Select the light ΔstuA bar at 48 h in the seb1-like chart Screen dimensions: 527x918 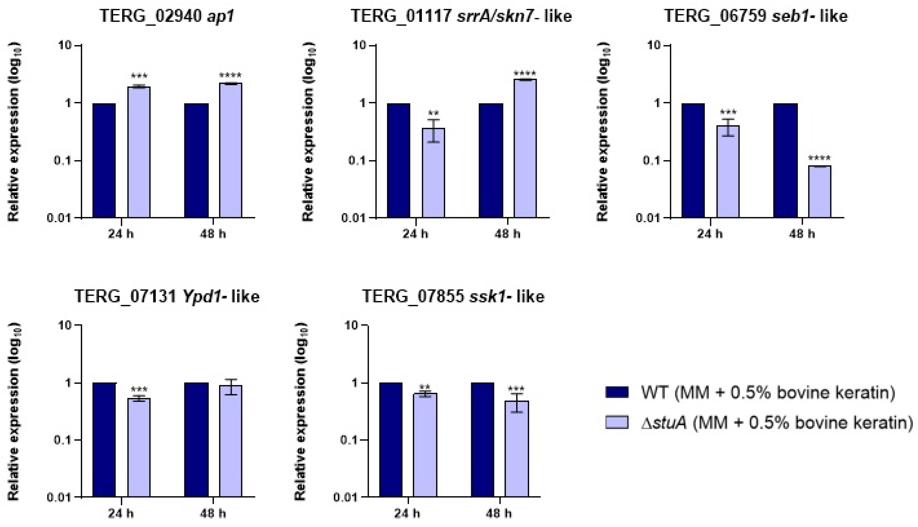pyautogui.click(x=820, y=192)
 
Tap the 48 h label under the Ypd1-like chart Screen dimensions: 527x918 pyautogui.click(x=213, y=513)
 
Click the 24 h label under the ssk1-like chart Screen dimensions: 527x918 pyautogui.click(x=407, y=513)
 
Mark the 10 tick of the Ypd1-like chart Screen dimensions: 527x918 pyautogui.click(x=65, y=325)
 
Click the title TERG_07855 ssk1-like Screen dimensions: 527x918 pyautogui.click(x=453, y=297)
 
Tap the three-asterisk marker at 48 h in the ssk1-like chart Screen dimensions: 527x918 pyautogui.click(x=516, y=389)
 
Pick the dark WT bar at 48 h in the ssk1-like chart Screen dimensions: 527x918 pyautogui.click(x=482, y=440)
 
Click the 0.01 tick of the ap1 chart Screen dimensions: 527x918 pyautogui.click(x=59, y=218)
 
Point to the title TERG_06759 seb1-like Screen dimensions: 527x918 pyautogui.click(x=756, y=16)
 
